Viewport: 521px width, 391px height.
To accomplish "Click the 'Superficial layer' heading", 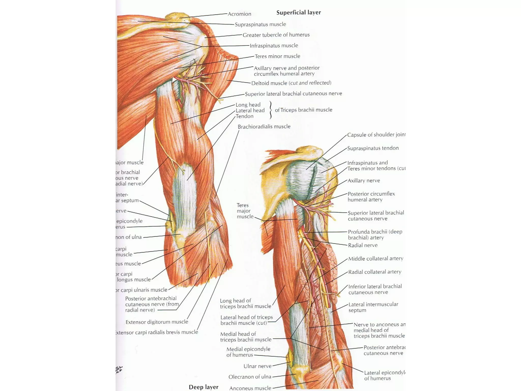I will click(298, 12).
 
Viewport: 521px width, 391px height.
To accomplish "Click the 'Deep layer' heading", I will click(203, 387).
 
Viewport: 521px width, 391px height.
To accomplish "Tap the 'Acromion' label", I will click(239, 14).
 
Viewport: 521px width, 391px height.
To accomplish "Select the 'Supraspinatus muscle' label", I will click(260, 24).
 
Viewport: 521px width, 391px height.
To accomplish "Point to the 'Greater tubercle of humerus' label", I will click(276, 35).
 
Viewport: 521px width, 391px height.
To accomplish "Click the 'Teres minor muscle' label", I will click(277, 56).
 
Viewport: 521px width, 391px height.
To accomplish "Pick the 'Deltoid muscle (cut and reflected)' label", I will click(291, 83).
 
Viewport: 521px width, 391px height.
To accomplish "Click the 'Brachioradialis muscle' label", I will click(264, 127).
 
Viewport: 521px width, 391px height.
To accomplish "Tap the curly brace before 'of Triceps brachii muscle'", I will click(270, 110).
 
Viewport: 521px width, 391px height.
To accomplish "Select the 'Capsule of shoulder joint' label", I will click(376, 135).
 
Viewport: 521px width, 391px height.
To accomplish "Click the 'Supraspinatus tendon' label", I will click(373, 148).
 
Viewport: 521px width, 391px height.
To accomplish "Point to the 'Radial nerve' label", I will click(363, 245).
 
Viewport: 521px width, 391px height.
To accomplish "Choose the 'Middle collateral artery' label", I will click(375, 259).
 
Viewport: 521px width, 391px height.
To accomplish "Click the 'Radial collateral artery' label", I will click(374, 272).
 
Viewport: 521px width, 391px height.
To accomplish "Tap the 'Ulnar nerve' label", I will click(257, 366).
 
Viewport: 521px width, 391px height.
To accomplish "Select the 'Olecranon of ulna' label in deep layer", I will click(250, 377).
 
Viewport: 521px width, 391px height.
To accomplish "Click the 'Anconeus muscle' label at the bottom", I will click(250, 388).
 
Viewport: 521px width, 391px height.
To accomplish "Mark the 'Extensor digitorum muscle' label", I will click(157, 322).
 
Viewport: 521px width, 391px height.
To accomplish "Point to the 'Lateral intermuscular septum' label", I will click(373, 307).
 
